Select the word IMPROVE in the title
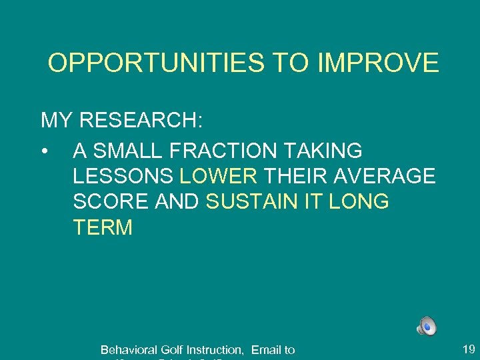click(379, 63)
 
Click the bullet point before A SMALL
click(45, 151)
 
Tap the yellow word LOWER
click(219, 177)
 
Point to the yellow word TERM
click(103, 228)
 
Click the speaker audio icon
click(427, 326)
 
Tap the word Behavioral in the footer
click(129, 349)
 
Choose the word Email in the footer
click(265, 349)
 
